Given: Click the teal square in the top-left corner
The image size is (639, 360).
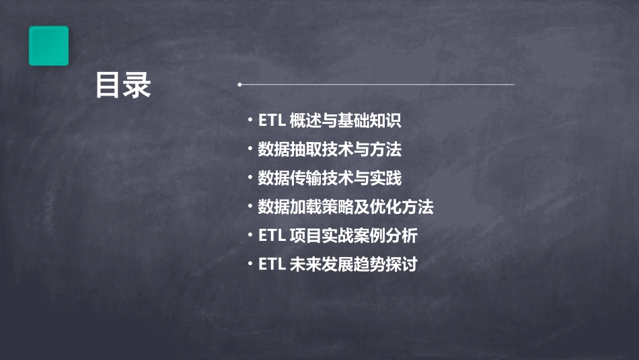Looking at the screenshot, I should (x=48, y=46).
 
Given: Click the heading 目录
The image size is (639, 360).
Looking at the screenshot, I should (x=123, y=85).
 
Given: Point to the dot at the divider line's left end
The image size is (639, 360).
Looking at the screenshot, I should (x=239, y=85).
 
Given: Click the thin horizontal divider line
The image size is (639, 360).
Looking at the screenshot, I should (x=377, y=85).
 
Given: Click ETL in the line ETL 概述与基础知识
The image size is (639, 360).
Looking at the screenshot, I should (x=272, y=121).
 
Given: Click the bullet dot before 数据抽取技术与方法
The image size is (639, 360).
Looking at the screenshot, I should (x=250, y=149).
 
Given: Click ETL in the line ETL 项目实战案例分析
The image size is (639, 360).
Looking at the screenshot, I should (x=272, y=236).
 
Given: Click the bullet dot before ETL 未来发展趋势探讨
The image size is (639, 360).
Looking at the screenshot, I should (x=250, y=264).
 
